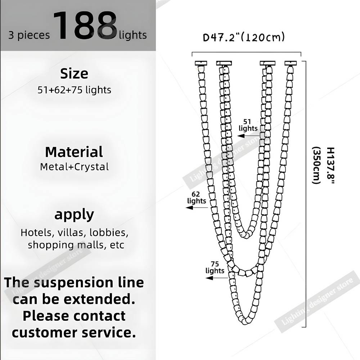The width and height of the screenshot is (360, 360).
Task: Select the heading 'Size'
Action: [x=74, y=73]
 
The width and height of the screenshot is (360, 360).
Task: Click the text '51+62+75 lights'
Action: [x=74, y=90]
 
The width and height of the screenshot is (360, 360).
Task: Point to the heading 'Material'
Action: [x=74, y=152]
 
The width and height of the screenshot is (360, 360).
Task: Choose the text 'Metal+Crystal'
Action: [x=74, y=167]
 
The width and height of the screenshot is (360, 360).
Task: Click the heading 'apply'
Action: [x=74, y=215]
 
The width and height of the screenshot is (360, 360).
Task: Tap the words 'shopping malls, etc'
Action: [x=76, y=245]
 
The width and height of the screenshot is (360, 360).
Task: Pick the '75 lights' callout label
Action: [x=215, y=267]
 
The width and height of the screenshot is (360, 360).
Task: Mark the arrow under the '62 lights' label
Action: [x=197, y=208]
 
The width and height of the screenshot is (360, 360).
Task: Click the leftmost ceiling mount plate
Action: [x=201, y=63]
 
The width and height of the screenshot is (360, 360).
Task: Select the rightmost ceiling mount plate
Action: [x=291, y=63]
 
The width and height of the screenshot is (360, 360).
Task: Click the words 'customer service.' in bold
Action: [x=74, y=332]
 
